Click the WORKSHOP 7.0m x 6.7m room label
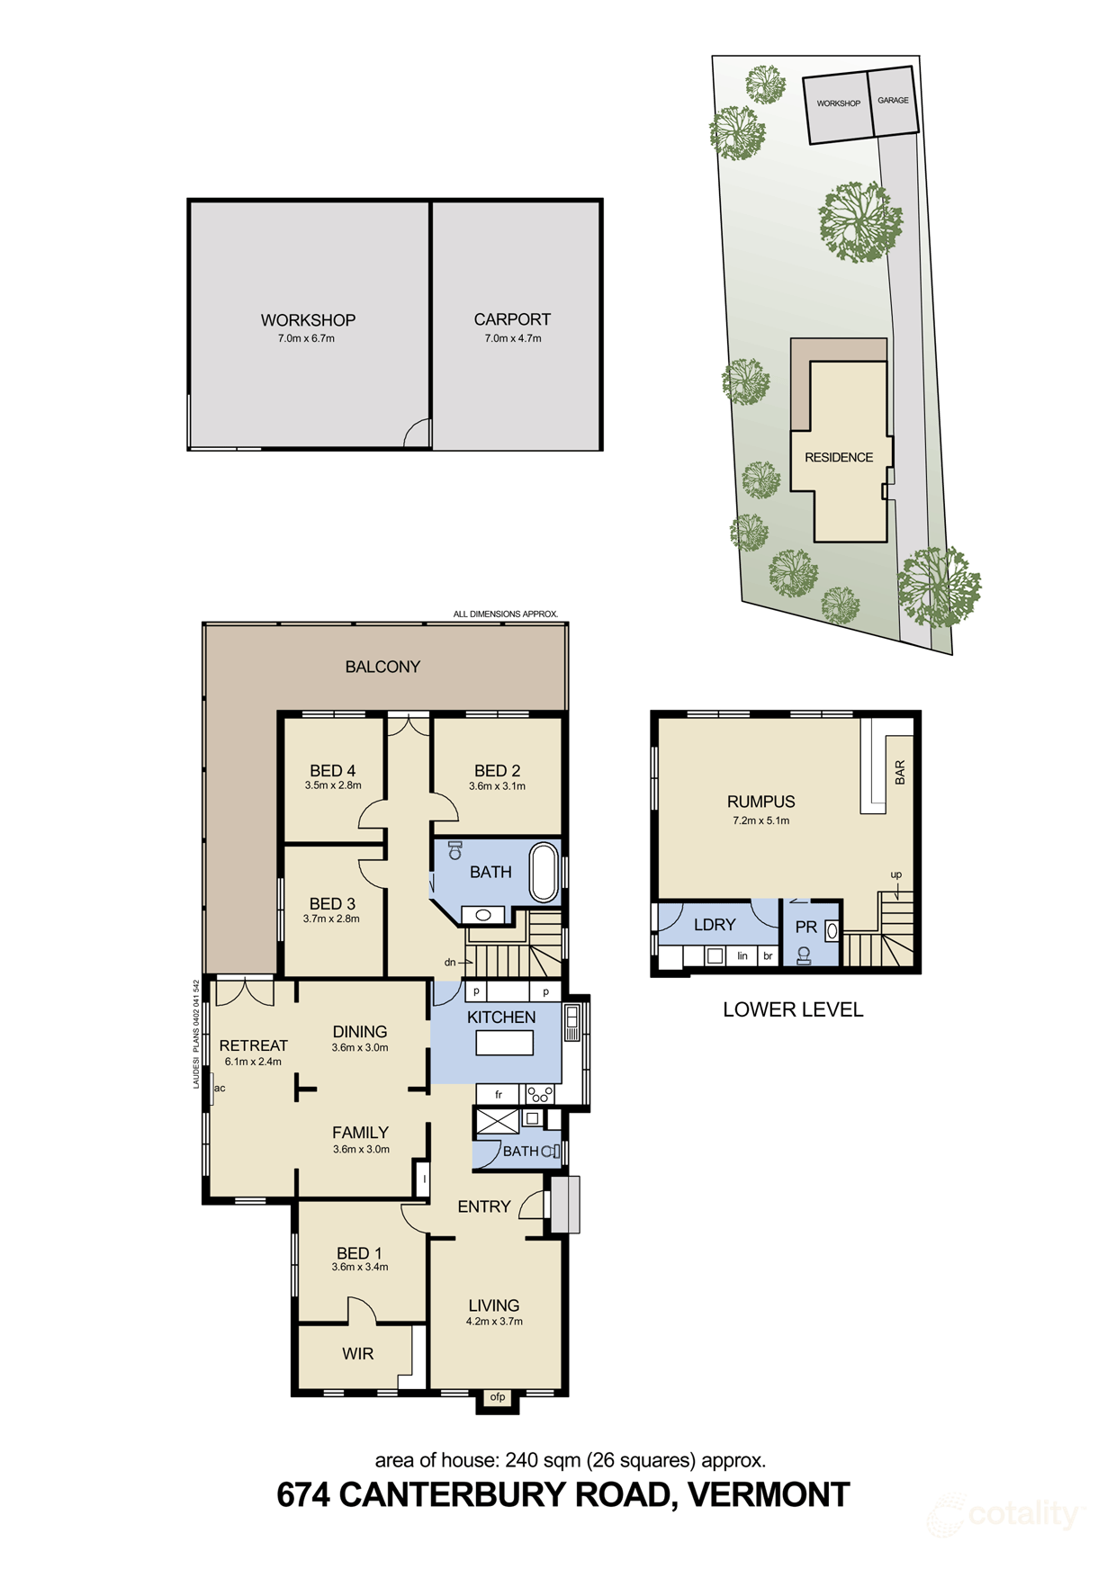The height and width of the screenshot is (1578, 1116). tap(308, 327)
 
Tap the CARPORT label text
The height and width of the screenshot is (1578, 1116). tap(512, 319)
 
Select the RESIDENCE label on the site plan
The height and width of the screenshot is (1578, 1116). tap(839, 457)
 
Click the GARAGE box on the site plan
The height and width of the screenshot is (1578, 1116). tap(893, 101)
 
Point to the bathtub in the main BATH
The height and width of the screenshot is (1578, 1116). tap(544, 872)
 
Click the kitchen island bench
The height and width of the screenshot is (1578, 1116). tap(504, 1043)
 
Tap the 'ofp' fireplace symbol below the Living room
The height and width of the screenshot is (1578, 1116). tap(498, 1397)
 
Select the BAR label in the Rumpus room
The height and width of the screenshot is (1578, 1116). tap(900, 772)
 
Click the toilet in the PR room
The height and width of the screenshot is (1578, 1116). tap(804, 955)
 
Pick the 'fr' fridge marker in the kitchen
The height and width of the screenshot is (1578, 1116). tap(499, 1095)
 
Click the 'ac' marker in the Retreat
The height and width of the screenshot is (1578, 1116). tap(220, 1088)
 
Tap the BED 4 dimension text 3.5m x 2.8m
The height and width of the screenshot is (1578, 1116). tap(333, 785)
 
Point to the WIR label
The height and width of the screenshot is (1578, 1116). tap(357, 1354)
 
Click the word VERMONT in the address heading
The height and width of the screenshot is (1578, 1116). tap(769, 1494)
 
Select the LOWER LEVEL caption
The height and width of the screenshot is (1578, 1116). tap(793, 1009)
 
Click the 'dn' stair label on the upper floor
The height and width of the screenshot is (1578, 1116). tap(450, 962)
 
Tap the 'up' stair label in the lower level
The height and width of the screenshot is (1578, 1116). tap(895, 874)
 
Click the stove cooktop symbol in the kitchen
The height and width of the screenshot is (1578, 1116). tap(540, 1095)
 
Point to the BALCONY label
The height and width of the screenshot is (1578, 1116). tap(382, 667)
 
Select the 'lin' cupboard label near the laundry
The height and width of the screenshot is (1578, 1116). tap(742, 955)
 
